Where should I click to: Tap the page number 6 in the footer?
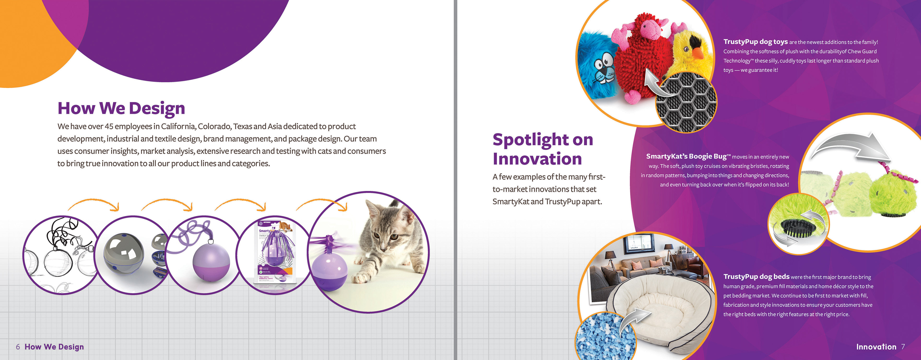pos(18,347)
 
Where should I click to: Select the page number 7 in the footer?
pos(903,347)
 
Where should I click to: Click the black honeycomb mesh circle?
pos(686,102)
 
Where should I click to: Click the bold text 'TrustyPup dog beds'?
pos(756,276)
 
